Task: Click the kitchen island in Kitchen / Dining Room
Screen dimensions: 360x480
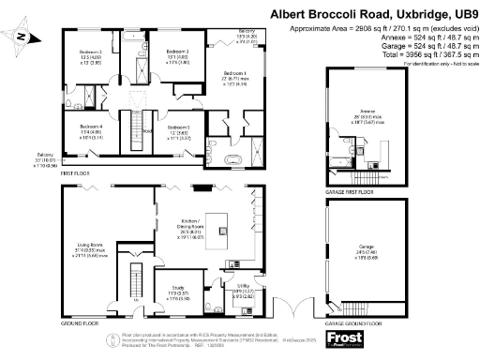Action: tap(223, 228)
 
